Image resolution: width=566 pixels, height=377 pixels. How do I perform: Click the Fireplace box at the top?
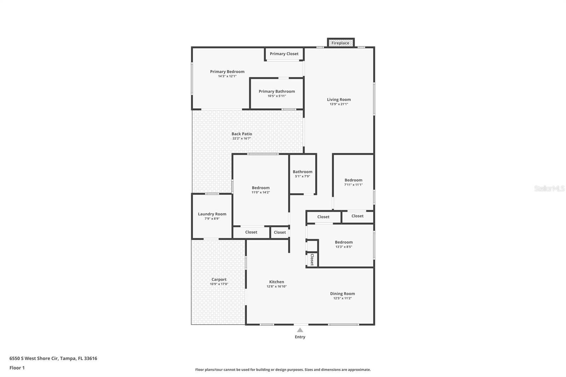(341, 43)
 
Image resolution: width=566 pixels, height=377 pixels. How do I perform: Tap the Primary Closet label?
(284, 54)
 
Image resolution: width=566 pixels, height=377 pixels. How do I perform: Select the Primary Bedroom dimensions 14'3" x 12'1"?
(227, 76)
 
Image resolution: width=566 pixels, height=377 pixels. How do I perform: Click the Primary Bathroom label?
(277, 91)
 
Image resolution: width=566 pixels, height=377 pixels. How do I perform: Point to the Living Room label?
(339, 100)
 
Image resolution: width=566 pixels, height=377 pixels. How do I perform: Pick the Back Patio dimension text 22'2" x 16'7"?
(242, 139)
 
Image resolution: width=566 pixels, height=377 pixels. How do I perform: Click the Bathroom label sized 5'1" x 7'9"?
(302, 172)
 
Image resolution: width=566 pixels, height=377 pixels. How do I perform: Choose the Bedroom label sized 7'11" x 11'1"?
(353, 180)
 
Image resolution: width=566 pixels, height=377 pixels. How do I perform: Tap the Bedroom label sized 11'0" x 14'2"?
(260, 188)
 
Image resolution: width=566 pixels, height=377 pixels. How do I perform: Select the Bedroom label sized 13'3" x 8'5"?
(343, 242)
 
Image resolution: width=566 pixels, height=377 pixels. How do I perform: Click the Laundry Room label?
(212, 214)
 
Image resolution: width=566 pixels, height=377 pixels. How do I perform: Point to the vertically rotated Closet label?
(312, 260)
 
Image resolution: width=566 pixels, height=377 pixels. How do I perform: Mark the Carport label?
(219, 279)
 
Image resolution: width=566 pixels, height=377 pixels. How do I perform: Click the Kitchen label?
(276, 282)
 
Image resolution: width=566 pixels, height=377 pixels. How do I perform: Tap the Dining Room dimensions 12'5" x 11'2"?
(342, 298)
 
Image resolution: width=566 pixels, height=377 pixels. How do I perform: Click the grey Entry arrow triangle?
(300, 330)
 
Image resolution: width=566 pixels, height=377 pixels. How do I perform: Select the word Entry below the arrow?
(300, 337)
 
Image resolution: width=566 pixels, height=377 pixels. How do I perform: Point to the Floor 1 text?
(17, 368)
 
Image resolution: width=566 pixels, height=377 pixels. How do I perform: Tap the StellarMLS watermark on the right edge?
(549, 188)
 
